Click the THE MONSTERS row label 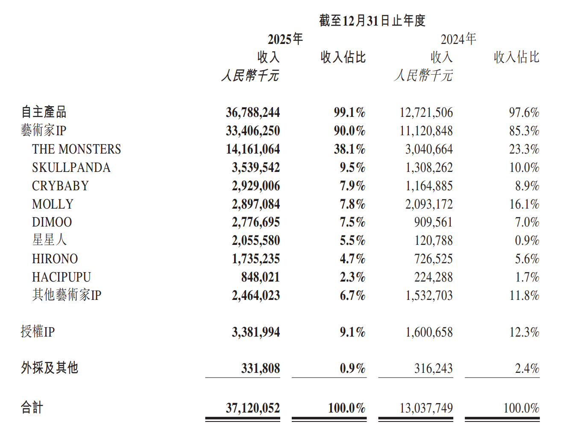click(76, 149)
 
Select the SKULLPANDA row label click(71, 168)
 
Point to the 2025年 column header click(285, 39)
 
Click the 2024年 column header click(458, 39)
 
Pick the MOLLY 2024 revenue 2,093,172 click(429, 204)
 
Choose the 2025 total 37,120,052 click(252, 408)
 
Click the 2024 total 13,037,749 click(426, 408)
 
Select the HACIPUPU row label click(62, 277)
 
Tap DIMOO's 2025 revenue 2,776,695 click(255, 222)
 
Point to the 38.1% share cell click(349, 149)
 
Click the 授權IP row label click(38, 332)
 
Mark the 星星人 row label click(50, 240)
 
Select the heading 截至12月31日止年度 click(372, 20)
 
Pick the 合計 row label click(32, 408)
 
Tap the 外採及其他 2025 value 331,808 click(260, 369)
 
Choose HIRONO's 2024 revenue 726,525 click(433, 259)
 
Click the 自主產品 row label click(44, 112)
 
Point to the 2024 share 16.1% click(524, 204)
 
